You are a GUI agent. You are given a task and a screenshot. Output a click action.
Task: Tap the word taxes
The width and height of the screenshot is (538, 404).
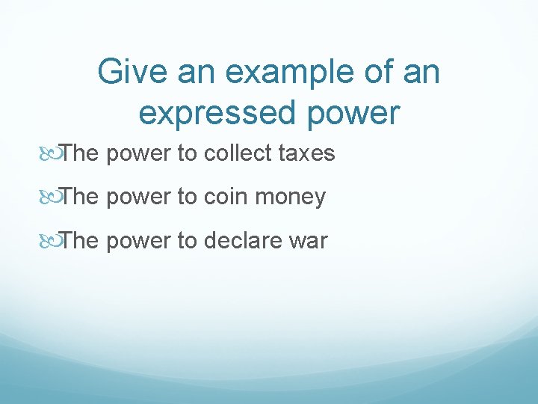(x=307, y=153)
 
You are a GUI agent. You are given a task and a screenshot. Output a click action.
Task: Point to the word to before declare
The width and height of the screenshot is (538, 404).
(x=187, y=241)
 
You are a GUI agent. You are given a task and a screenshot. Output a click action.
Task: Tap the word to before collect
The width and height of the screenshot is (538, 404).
(x=187, y=153)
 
